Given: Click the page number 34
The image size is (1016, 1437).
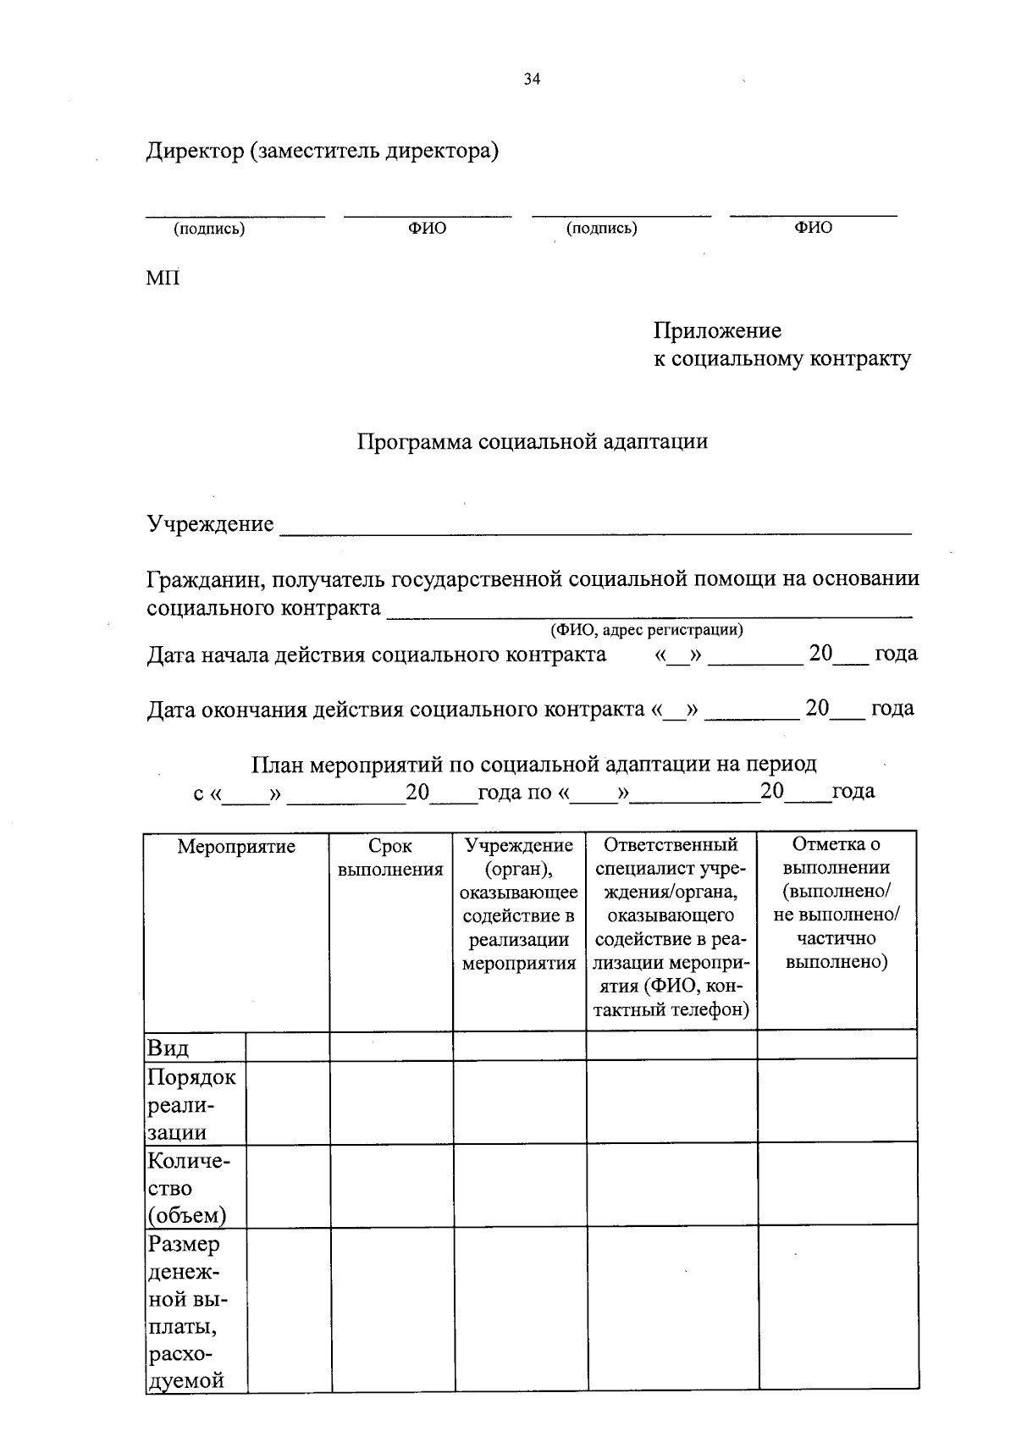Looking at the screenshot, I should (532, 80).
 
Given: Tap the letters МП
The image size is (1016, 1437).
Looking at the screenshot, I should (163, 278).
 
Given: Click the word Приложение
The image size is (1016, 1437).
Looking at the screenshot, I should (717, 330).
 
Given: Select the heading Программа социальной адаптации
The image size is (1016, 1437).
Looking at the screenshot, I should (532, 441).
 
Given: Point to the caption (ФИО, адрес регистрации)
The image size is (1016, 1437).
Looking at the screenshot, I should (647, 630).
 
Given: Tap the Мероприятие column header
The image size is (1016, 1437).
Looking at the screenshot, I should (236, 846).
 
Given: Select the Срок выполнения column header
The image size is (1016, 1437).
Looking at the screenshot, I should (390, 857).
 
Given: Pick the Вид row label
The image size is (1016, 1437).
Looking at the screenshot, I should (168, 1048).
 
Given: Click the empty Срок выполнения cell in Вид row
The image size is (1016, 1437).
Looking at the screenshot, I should (390, 1047).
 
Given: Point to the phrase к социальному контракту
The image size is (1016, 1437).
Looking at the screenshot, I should (781, 358).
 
